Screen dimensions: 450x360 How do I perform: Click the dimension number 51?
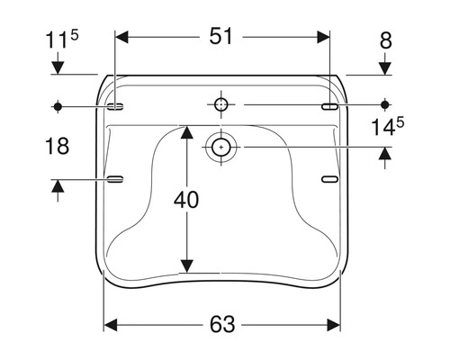(220, 36)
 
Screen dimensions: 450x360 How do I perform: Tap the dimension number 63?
(222, 324)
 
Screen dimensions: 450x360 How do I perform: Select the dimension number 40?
(186, 200)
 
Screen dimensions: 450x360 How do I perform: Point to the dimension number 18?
(57, 146)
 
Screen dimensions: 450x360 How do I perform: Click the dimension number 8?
(386, 40)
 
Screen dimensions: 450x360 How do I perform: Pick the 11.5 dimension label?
(62, 40)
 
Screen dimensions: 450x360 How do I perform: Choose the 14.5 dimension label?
(388, 127)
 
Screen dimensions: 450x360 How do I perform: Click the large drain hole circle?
(221, 148)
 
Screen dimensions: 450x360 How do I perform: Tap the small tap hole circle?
(221, 104)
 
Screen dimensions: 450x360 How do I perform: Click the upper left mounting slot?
(115, 106)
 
